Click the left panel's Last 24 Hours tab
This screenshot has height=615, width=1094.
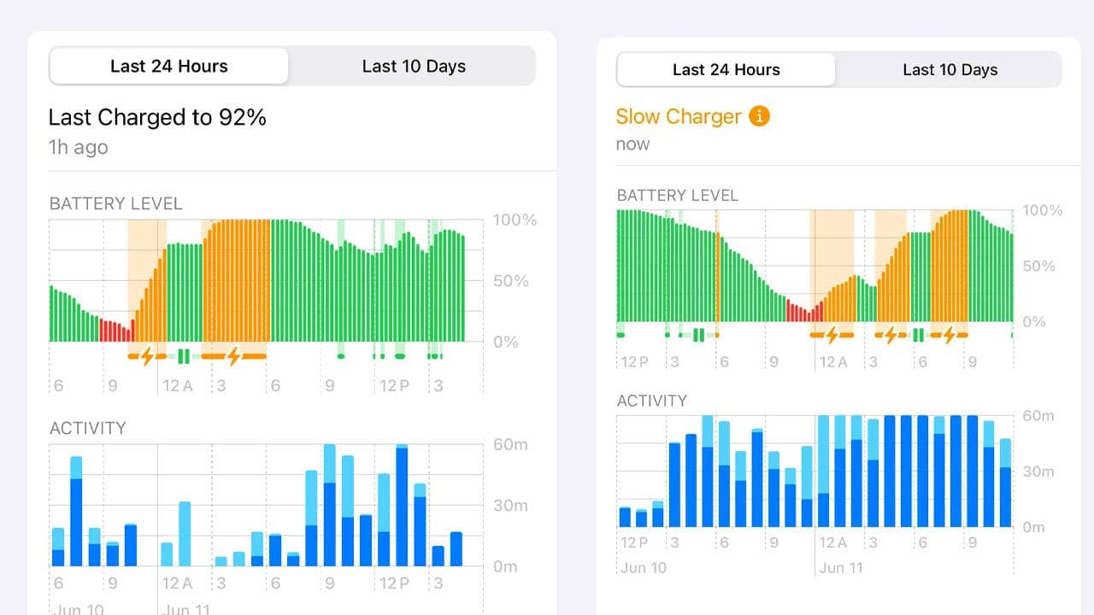tap(168, 67)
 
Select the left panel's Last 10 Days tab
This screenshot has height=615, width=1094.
tap(414, 67)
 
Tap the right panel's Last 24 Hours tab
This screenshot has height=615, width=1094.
tap(726, 70)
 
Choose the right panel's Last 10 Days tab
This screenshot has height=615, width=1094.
tap(950, 70)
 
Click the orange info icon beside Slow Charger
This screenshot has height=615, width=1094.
tap(759, 115)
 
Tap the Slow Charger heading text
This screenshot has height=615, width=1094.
tap(678, 116)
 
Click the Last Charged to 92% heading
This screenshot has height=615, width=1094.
tap(157, 117)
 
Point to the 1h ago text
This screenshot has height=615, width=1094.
tap(78, 147)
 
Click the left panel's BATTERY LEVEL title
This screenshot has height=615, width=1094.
tap(115, 203)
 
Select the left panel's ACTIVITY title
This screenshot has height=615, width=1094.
tap(88, 428)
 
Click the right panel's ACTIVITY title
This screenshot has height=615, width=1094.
tap(651, 401)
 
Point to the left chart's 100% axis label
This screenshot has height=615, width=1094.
tap(515, 220)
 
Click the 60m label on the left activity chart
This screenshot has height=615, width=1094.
tap(510, 444)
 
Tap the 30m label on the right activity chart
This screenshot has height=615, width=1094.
tap(1038, 471)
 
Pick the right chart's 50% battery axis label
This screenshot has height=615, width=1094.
tap(1038, 266)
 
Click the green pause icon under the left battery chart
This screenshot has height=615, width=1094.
tap(183, 355)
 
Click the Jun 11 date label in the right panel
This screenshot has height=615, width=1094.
tap(840, 567)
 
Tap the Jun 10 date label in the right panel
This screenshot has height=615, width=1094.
tap(643, 567)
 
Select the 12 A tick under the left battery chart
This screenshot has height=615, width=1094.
tap(178, 386)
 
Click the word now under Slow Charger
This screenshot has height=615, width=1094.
tap(632, 144)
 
